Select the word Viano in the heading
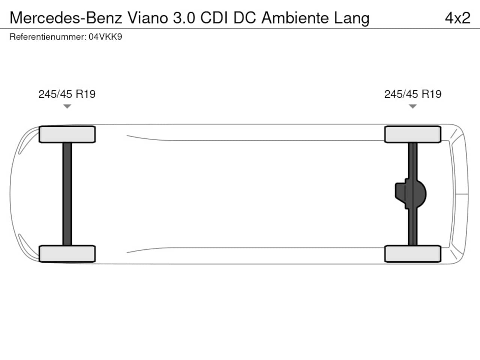pyautogui.click(x=148, y=18)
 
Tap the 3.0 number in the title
pyautogui.click(x=184, y=18)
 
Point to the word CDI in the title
pyautogui.click(x=214, y=18)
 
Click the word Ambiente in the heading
pyautogui.click(x=295, y=18)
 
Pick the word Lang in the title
pyautogui.click(x=352, y=19)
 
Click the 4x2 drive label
pyautogui.click(x=458, y=18)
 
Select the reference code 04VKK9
pyautogui.click(x=105, y=37)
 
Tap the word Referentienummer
pyautogui.click(x=48, y=37)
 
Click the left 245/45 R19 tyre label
pyautogui.click(x=67, y=94)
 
